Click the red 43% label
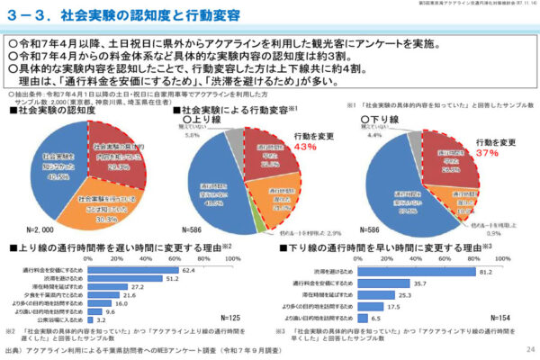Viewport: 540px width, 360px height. (304, 146)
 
